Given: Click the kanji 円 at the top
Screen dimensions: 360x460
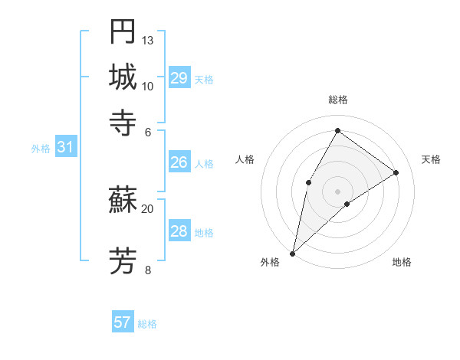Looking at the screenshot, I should coord(123,32).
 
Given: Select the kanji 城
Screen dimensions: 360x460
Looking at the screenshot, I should coord(123,77).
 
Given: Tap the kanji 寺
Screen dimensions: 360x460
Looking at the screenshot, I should coord(123,122).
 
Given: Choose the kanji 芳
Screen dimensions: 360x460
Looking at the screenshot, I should coord(123,260).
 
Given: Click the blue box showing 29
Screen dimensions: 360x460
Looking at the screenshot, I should coord(179,78).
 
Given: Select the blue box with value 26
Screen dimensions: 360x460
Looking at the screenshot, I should coord(179,162).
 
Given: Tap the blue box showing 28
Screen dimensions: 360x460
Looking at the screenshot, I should coord(179,231).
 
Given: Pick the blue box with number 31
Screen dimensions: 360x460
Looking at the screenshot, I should coord(65,148).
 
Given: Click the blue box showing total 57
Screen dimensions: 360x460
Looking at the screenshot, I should coord(123,322).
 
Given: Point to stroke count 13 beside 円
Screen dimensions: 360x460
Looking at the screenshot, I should coord(148,40).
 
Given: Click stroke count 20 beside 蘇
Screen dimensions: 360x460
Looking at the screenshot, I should coord(148,208).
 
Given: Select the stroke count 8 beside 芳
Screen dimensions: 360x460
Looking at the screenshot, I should coord(148,269).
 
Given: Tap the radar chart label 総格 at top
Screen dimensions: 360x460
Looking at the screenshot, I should coord(337,100).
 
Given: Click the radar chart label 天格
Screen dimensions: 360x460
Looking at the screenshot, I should coord(431,159).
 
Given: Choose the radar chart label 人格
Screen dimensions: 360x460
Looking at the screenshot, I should coord(245,159).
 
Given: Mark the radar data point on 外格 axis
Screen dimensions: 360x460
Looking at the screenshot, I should coord(292,253).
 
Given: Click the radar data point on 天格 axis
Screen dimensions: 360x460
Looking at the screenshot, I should coord(396,172).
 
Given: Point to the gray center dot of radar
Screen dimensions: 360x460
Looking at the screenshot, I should coord(337,191).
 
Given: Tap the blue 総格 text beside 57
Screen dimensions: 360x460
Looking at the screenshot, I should coord(147,324).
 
